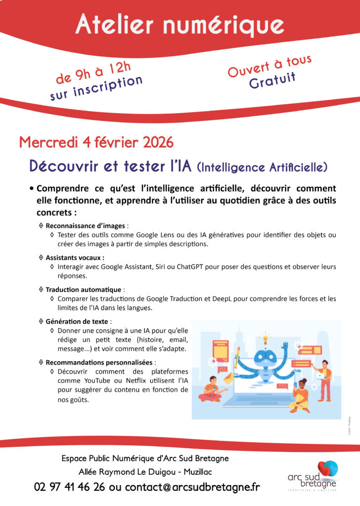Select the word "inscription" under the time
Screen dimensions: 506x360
[110, 86]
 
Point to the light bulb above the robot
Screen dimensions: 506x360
[266, 339]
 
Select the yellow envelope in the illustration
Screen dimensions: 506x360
[228, 379]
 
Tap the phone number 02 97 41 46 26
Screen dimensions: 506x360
[69, 487]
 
